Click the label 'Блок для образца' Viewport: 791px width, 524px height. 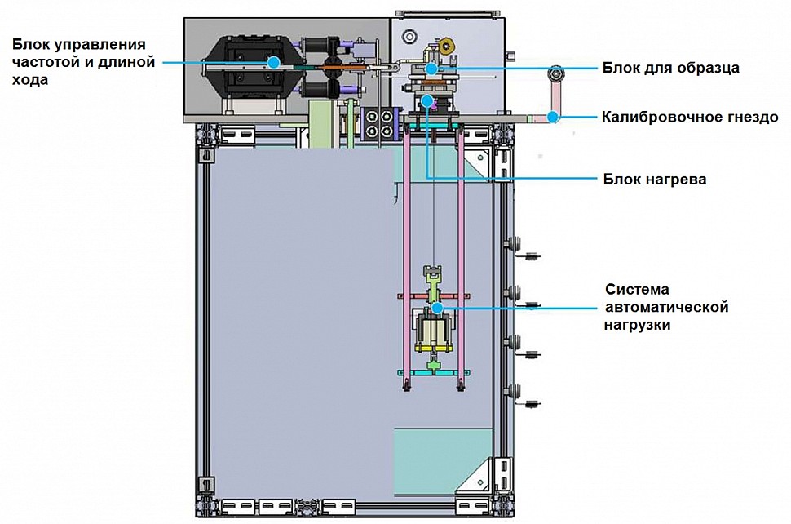tap(670, 68)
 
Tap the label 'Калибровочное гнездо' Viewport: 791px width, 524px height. tap(690, 118)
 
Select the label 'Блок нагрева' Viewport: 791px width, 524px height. tap(654, 180)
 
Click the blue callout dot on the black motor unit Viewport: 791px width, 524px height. tap(274, 63)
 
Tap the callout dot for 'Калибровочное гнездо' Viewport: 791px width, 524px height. tap(554, 117)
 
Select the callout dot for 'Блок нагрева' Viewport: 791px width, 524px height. tap(427, 101)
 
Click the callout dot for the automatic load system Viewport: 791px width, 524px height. tap(437, 308)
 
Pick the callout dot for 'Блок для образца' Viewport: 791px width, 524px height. tap(431, 68)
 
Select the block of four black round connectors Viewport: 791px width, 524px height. tap(379, 124)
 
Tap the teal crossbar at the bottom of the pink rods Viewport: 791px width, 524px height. tap(434, 372)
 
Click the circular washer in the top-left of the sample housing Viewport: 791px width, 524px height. tap(409, 36)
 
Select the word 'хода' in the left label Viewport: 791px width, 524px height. tap(30, 80)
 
